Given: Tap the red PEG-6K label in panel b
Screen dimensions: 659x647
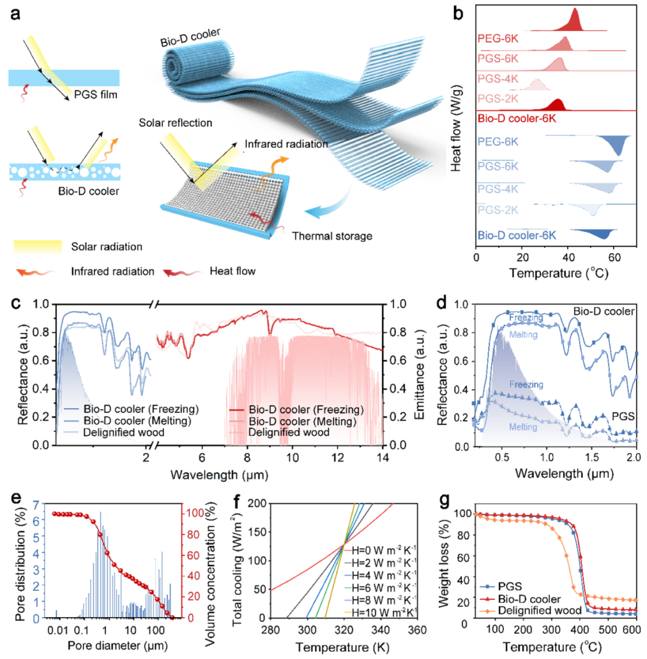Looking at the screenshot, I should (x=498, y=39).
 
